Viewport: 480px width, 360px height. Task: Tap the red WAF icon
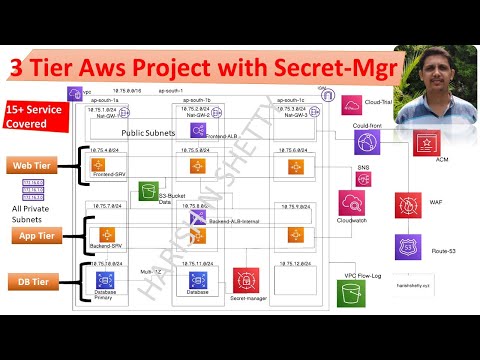click(x=408, y=206)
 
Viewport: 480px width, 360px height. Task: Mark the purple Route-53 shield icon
click(x=407, y=246)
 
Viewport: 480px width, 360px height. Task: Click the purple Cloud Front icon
click(x=367, y=141)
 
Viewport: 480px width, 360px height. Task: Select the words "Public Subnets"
click(x=151, y=131)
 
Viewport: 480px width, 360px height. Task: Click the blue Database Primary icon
click(x=101, y=279)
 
